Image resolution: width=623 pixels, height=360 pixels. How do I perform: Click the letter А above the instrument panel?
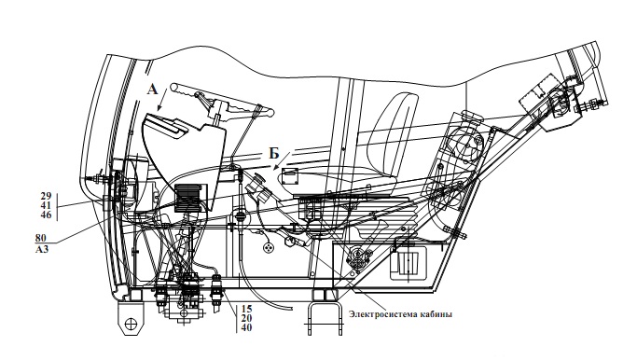pos(153,89)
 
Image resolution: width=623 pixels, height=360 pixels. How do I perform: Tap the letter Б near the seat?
pos(274,153)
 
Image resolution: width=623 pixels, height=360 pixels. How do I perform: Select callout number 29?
pos(46,196)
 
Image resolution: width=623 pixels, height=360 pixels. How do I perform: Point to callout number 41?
pos(46,205)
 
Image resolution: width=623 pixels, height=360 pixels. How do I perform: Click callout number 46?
pos(46,215)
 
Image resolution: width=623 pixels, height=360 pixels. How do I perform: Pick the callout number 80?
pos(40,238)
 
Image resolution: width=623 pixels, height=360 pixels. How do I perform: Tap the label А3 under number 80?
pos(41,250)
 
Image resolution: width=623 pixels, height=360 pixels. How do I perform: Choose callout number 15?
pos(246,309)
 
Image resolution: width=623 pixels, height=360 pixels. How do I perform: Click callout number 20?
pos(246,318)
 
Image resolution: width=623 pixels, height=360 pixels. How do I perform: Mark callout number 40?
pos(246,327)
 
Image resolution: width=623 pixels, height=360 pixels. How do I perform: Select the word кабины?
pos(436,314)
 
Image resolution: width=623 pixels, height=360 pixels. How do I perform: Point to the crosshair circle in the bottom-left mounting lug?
pos(131,324)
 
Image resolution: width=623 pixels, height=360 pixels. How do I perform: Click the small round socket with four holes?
pos(270,247)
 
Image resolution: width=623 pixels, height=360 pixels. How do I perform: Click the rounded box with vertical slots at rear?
pos(408,262)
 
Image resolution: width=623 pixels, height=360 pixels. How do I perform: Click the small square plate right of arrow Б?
pos(290,176)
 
